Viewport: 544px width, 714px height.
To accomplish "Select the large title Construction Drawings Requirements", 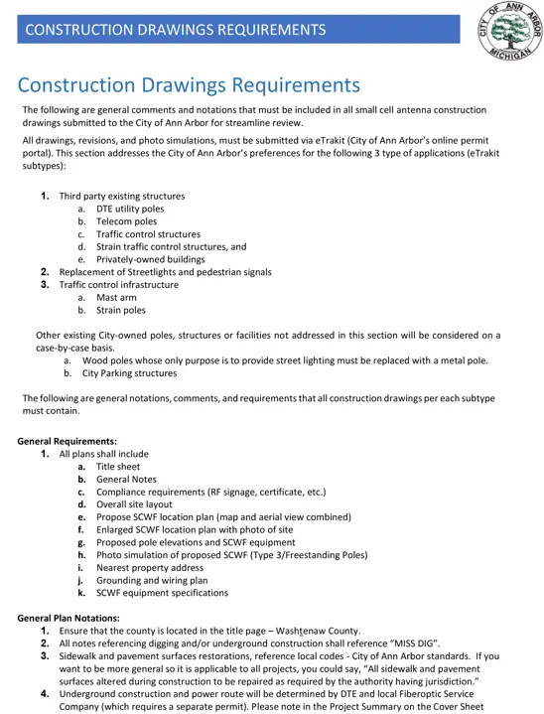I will pos(189,85).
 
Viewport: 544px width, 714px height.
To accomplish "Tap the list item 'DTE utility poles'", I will pos(130,210).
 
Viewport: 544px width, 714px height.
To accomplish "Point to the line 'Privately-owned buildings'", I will pos(150,259).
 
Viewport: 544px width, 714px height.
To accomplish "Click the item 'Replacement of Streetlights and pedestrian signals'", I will pos(165,272).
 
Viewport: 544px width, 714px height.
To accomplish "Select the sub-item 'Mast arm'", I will pos(116,297).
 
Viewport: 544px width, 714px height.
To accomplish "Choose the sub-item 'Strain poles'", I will pos(121,310).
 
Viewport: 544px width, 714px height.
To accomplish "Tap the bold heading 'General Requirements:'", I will pos(68,441).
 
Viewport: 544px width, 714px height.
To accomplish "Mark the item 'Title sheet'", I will pos(118,467).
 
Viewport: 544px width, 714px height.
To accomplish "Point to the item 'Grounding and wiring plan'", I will pos(152,580).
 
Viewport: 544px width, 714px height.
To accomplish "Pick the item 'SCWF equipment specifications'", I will pos(162,593).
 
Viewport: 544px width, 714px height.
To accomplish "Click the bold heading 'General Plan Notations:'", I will pos(68,619).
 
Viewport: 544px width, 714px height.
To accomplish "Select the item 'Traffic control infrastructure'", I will pos(119,285).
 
